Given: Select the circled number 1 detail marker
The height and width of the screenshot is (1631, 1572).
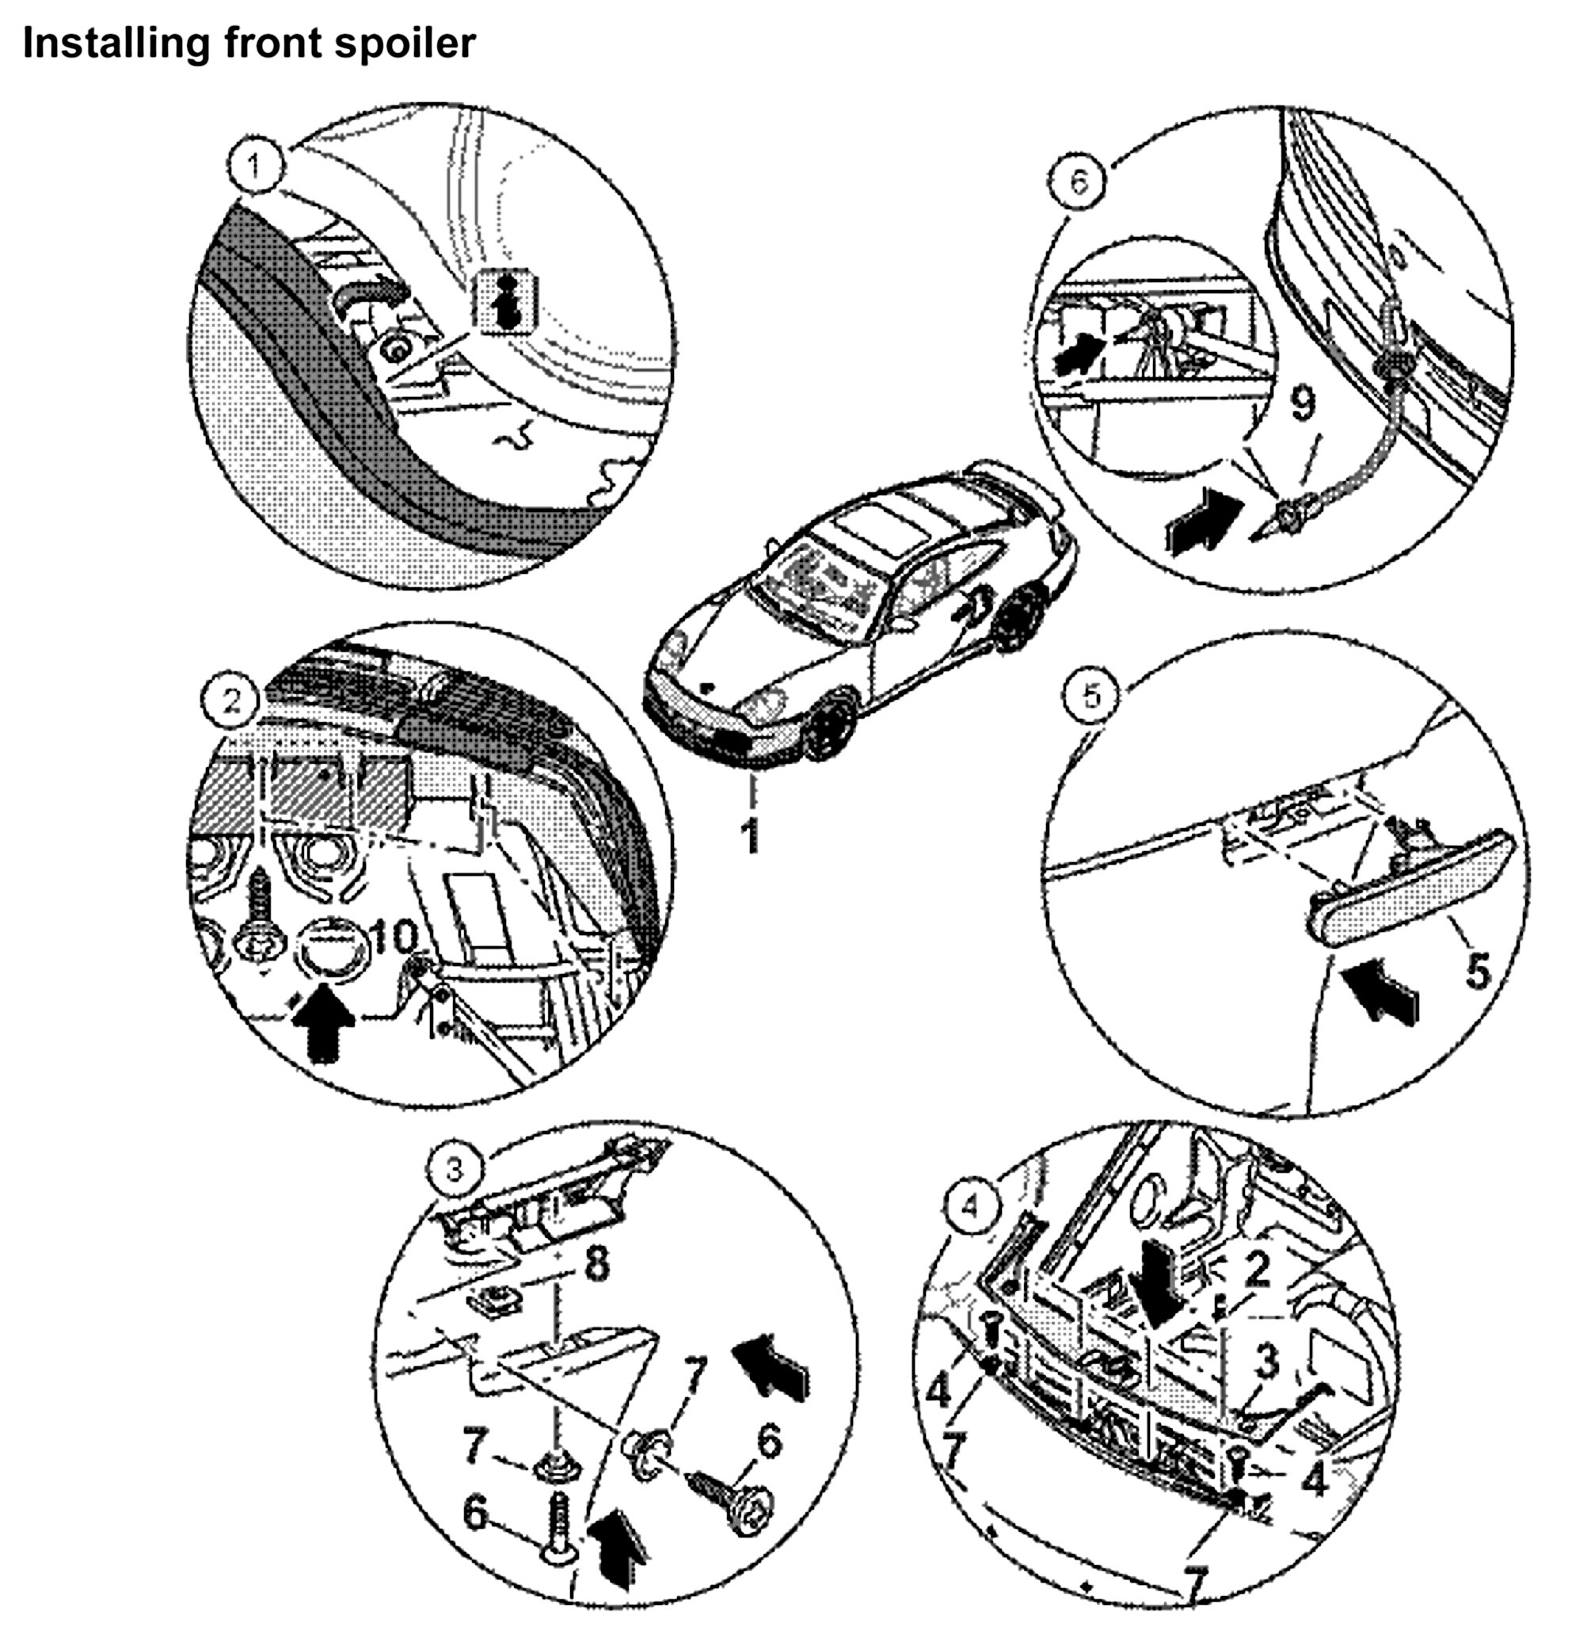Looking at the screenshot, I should coord(254,166).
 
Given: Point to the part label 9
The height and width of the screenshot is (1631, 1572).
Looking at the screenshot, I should coord(1303,405).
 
